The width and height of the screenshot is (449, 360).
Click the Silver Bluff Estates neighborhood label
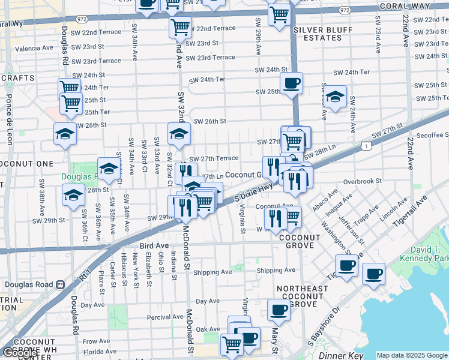(318, 33)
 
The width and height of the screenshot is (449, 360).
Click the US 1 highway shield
(366, 145)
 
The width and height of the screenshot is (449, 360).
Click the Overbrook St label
(363, 181)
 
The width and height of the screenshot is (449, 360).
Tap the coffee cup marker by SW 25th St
(292, 83)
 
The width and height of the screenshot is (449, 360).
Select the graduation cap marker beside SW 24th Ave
(336, 96)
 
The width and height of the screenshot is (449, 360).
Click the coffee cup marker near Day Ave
(278, 310)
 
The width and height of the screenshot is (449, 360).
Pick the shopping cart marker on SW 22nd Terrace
(180, 26)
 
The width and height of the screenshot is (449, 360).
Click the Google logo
(19, 353)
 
